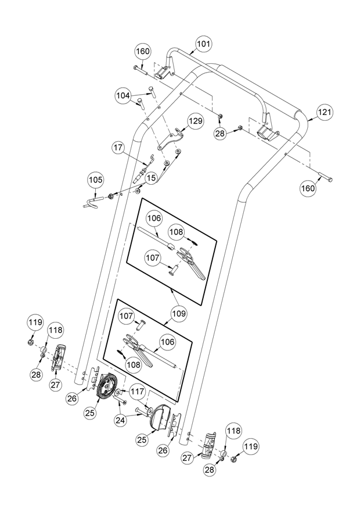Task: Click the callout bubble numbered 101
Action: tap(204, 44)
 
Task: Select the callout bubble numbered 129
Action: tap(196, 121)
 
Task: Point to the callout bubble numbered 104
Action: tap(123, 95)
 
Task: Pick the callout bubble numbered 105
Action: tap(95, 180)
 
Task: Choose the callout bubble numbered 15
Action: tap(151, 178)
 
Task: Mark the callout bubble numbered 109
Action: tap(179, 314)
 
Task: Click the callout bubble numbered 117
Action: tap(138, 392)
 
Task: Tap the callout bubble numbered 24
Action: tap(120, 420)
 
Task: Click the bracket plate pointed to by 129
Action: tap(171, 139)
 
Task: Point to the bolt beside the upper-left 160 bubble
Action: tap(140, 70)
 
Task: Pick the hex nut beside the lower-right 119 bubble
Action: tap(233, 459)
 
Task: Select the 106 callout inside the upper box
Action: tap(154, 218)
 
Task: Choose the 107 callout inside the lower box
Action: tap(125, 316)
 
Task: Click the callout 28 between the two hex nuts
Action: tap(221, 134)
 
